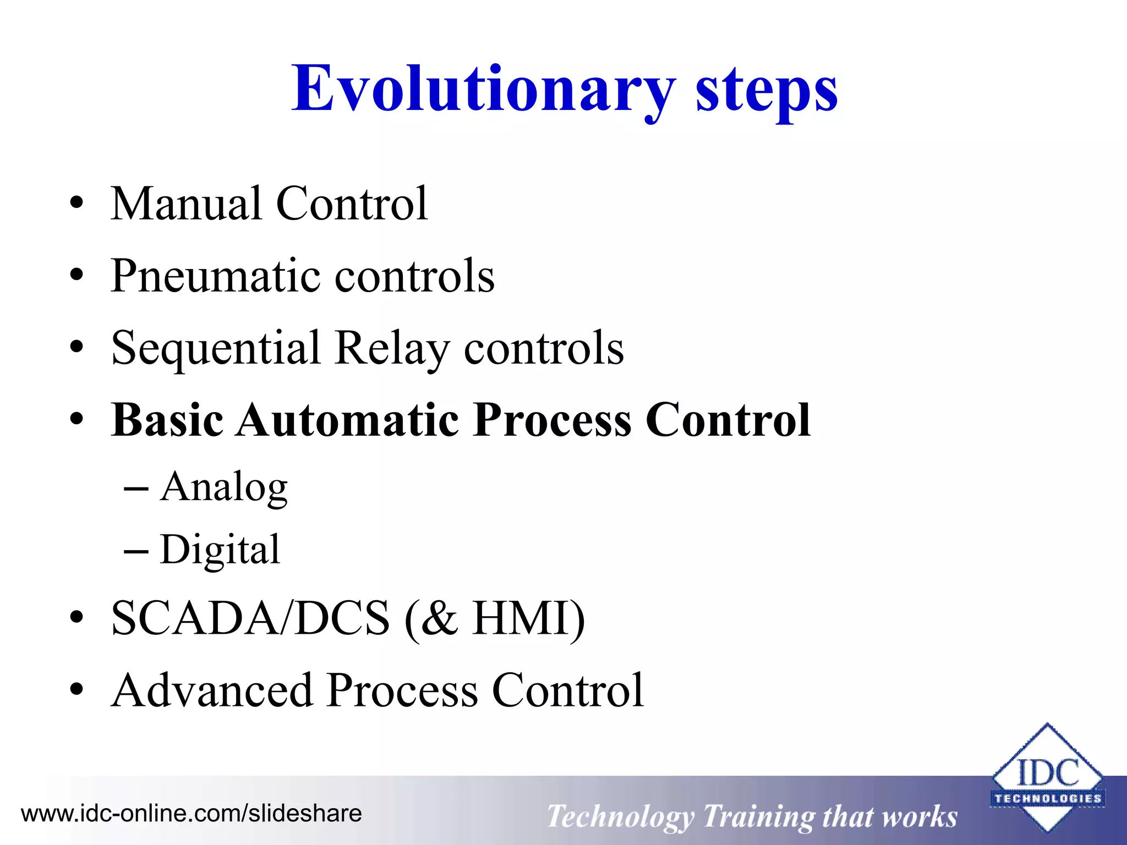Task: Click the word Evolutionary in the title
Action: [x=483, y=89]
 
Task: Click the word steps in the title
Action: [x=767, y=89]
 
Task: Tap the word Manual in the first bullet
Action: [x=186, y=204]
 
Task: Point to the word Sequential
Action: [x=216, y=349]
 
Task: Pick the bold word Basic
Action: [x=167, y=420]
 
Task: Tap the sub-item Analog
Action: [x=223, y=487]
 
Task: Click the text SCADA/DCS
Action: [x=250, y=618]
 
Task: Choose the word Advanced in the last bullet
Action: [x=212, y=691]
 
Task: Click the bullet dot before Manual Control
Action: [x=77, y=205]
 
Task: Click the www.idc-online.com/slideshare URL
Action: [x=191, y=813]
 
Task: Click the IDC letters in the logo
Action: [x=1047, y=772]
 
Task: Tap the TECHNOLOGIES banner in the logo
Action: [x=1047, y=798]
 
